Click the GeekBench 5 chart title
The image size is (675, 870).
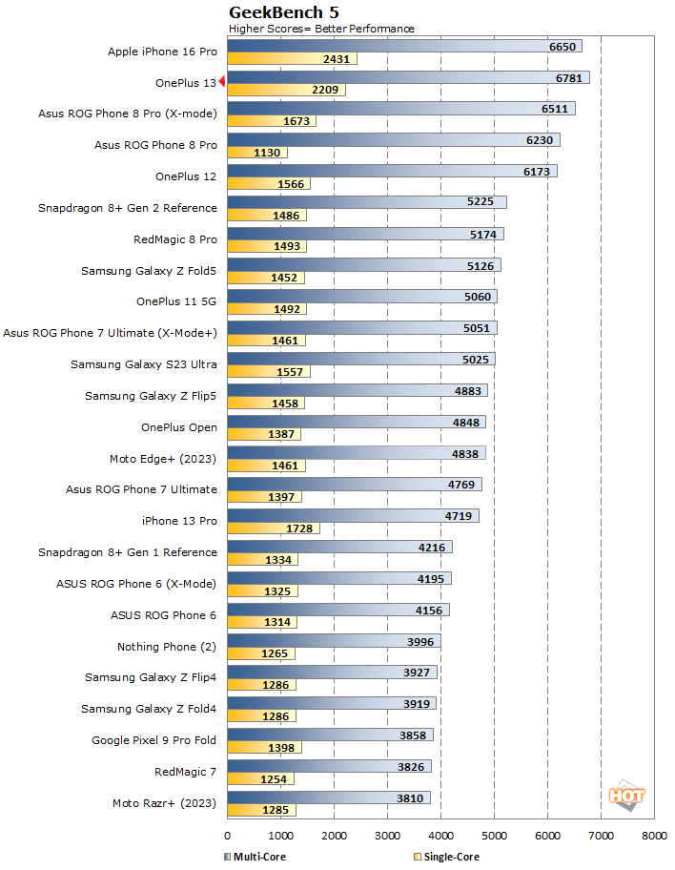(283, 12)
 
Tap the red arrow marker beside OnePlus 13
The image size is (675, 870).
(221, 83)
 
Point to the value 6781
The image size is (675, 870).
(568, 77)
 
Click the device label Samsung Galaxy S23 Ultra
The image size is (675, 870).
(143, 364)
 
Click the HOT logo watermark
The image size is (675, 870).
(626, 795)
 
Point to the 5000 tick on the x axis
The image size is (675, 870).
(494, 835)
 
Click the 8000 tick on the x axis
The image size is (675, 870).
(654, 835)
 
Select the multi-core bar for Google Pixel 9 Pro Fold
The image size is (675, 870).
(329, 735)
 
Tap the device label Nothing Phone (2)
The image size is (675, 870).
(167, 647)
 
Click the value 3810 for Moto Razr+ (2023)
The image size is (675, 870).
(410, 797)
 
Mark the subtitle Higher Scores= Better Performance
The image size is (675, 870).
(321, 29)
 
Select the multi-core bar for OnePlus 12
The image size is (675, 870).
(391, 171)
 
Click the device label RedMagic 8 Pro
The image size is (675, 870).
(175, 239)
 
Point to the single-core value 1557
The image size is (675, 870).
(289, 372)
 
